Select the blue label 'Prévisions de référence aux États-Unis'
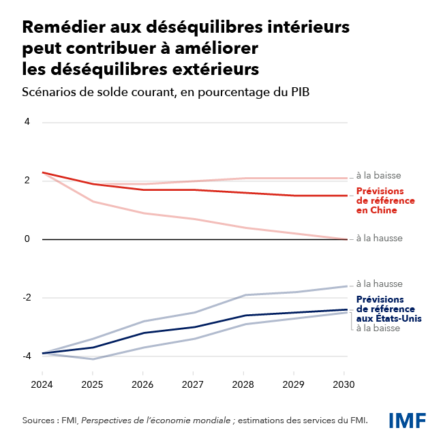389,309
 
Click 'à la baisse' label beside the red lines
378,175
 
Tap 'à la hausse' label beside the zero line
380,239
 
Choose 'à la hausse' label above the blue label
380,284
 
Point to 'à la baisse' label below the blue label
378,328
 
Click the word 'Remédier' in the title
59,29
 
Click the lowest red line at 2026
142,213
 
